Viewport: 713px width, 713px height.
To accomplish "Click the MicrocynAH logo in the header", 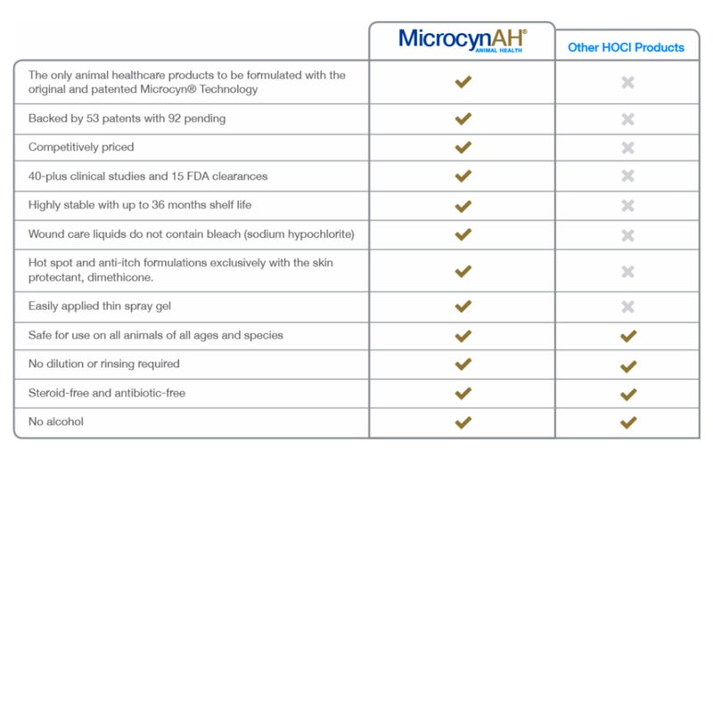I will pyautogui.click(x=462, y=40).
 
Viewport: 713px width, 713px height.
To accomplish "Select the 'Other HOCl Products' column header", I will pyautogui.click(x=627, y=47).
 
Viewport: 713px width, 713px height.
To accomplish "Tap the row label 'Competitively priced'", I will pyautogui.click(x=81, y=147).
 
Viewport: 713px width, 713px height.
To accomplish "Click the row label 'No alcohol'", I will pyautogui.click(x=56, y=422).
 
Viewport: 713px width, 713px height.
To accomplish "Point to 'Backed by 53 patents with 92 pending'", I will pyautogui.click(x=127, y=119).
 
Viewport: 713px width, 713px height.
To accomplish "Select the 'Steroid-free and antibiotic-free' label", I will pyautogui.click(x=107, y=393).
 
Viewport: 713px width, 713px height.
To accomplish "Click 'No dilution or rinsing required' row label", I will pyautogui.click(x=103, y=364).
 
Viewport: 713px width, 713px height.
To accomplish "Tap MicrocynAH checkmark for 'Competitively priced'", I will pyautogui.click(x=463, y=148).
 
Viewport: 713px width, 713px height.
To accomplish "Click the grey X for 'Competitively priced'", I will pyautogui.click(x=627, y=148).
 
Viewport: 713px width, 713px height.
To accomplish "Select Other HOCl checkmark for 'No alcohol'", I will pyautogui.click(x=628, y=422).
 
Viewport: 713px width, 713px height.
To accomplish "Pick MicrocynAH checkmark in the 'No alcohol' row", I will pyautogui.click(x=463, y=422).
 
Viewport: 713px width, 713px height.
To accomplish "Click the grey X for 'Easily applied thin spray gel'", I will pyautogui.click(x=627, y=307).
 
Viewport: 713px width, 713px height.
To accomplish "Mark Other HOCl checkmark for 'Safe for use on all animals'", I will pyautogui.click(x=628, y=336).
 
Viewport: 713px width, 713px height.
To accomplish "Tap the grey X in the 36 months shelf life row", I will pyautogui.click(x=627, y=206).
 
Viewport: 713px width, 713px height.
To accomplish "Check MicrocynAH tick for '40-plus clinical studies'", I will pyautogui.click(x=463, y=176).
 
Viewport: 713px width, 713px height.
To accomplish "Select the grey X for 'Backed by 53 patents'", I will pyautogui.click(x=627, y=119).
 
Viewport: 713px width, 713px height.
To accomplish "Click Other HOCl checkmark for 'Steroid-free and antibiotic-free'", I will pyautogui.click(x=628, y=394).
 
